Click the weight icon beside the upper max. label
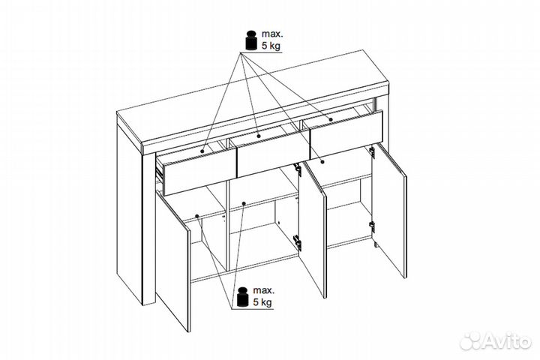click(x=251, y=40)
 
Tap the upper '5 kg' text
click(x=271, y=46)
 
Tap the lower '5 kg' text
click(x=262, y=302)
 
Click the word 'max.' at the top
click(x=272, y=34)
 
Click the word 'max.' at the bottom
click(x=264, y=290)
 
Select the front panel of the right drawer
click(x=346, y=135)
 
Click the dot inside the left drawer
click(x=202, y=151)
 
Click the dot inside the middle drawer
click(x=259, y=136)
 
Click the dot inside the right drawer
click(x=331, y=119)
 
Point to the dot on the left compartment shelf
click(x=197, y=216)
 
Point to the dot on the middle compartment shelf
click(x=244, y=203)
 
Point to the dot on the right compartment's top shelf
click(x=322, y=161)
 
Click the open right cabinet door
click(x=389, y=210)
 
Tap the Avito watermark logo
click(x=495, y=341)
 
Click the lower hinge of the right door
click(x=372, y=226)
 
